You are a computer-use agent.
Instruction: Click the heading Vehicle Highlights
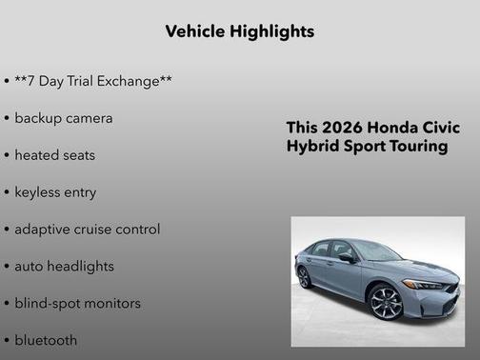pyautogui.click(x=239, y=31)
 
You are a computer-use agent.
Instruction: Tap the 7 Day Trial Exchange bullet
pyautogui.click(x=92, y=81)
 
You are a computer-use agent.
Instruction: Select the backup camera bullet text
pyautogui.click(x=63, y=118)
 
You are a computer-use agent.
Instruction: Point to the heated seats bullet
pyautogui.click(x=54, y=155)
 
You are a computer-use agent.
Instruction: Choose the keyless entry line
pyautogui.click(x=55, y=192)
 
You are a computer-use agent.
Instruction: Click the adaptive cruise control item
pyautogui.click(x=87, y=230)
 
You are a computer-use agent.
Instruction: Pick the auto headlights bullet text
pyautogui.click(x=64, y=267)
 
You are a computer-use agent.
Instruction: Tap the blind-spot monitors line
pyautogui.click(x=77, y=304)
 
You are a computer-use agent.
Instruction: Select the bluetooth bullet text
pyautogui.click(x=46, y=340)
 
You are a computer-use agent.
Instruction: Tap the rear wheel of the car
pyautogui.click(x=304, y=276)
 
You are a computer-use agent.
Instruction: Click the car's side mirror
pyautogui.click(x=346, y=257)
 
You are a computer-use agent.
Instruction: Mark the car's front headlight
pyautogui.click(x=426, y=284)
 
